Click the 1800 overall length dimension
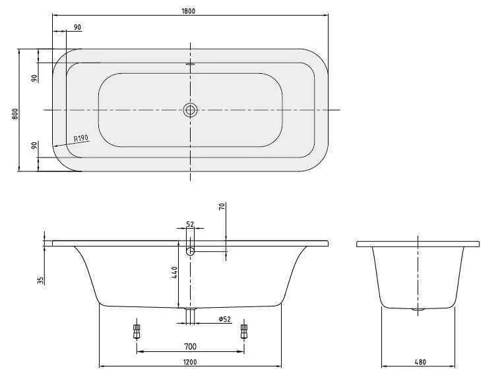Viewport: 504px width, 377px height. pyautogui.click(x=190, y=11)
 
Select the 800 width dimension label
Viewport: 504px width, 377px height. pyautogui.click(x=15, y=113)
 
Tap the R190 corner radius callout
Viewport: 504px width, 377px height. pyautogui.click(x=80, y=138)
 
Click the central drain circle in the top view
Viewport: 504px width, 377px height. pyautogui.click(x=191, y=110)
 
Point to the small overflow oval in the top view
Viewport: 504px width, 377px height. pyautogui.click(x=191, y=65)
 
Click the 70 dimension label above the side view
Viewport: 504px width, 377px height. pyautogui.click(x=222, y=206)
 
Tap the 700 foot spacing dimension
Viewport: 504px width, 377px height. pyautogui.click(x=190, y=347)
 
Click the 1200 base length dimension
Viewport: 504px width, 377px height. pyautogui.click(x=190, y=361)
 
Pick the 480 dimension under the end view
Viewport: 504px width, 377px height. pyautogui.click(x=420, y=361)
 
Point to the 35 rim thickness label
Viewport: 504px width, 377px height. pyautogui.click(x=41, y=279)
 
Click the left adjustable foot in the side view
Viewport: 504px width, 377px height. pyautogui.click(x=137, y=330)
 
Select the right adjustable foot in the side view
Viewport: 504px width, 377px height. pyautogui.click(x=244, y=330)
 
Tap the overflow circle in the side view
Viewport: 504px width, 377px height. pyautogui.click(x=191, y=251)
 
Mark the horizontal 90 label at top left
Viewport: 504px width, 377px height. pyautogui.click(x=78, y=27)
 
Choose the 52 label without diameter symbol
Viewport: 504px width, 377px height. pyautogui.click(x=190, y=224)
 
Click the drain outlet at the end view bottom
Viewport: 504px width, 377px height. pyautogui.click(x=418, y=308)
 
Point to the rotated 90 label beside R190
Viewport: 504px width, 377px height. pyautogui.click(x=34, y=145)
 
